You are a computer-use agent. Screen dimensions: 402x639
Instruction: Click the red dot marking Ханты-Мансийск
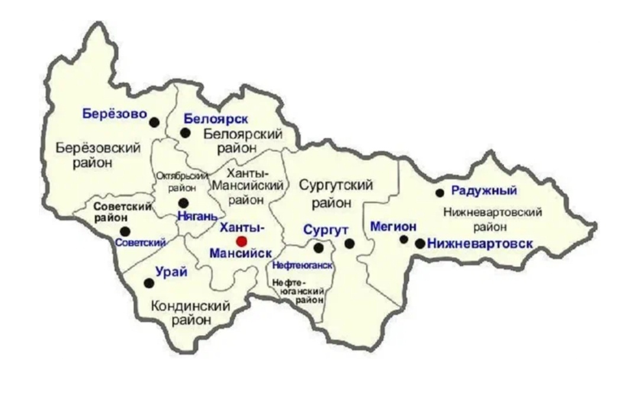[241, 241]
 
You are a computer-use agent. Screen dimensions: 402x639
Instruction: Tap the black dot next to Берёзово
[154, 122]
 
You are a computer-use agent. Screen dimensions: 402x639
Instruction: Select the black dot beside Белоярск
[185, 133]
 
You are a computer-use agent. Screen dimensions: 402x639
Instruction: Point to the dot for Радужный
[440, 193]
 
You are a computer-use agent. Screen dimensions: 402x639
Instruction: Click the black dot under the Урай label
[149, 283]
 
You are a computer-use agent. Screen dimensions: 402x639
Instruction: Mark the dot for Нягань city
[183, 203]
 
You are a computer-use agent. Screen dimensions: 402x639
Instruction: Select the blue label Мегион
[393, 226]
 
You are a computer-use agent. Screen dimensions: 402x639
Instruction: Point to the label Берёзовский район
[98, 155]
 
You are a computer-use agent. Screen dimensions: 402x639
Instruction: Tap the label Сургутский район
[335, 193]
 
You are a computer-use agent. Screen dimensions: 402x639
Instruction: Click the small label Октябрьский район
[182, 182]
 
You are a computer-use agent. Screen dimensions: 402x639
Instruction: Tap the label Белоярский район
[243, 140]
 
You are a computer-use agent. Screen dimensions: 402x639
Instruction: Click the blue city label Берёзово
[114, 114]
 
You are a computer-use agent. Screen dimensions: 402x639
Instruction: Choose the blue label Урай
[171, 272]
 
